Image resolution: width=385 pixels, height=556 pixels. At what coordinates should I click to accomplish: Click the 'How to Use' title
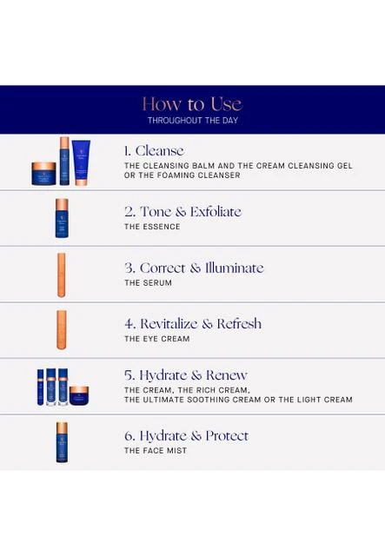click(x=192, y=104)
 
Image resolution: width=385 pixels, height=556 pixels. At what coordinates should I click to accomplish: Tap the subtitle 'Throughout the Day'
click(x=193, y=121)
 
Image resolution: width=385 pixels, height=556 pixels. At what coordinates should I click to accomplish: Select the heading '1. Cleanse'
click(x=154, y=150)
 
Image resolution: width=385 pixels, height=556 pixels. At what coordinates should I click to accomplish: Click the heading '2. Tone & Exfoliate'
click(x=183, y=212)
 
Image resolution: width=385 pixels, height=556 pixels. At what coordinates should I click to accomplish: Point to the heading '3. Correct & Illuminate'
click(x=194, y=268)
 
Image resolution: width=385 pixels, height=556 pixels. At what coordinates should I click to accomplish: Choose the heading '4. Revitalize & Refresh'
click(x=193, y=324)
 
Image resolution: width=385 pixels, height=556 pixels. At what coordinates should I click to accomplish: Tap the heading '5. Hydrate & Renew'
click(x=186, y=375)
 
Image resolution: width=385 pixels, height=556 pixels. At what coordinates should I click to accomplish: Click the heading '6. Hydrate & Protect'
click(x=186, y=436)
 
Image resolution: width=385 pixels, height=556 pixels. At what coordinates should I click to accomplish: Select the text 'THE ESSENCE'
click(x=152, y=227)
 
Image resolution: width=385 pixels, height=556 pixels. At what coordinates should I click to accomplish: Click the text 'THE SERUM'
click(x=148, y=283)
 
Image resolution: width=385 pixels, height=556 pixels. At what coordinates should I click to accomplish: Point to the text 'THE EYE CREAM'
click(x=156, y=339)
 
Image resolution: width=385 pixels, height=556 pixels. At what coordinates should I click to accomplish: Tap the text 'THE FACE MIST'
click(x=156, y=451)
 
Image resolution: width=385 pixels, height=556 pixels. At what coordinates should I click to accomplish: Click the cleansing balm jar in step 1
click(x=43, y=174)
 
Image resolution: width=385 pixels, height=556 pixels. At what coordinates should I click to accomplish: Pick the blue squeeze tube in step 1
click(x=81, y=162)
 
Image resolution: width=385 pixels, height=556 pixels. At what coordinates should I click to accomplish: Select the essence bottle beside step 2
click(x=62, y=218)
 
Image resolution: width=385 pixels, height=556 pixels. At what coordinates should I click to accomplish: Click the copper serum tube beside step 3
click(x=62, y=275)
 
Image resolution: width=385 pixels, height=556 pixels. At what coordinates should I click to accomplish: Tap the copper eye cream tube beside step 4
click(x=62, y=330)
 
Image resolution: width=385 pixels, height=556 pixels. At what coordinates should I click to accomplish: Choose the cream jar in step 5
click(x=79, y=396)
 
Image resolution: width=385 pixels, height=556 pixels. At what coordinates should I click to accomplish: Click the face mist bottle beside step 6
click(x=62, y=442)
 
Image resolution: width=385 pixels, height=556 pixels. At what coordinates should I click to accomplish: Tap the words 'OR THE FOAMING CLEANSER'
click(x=182, y=175)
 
